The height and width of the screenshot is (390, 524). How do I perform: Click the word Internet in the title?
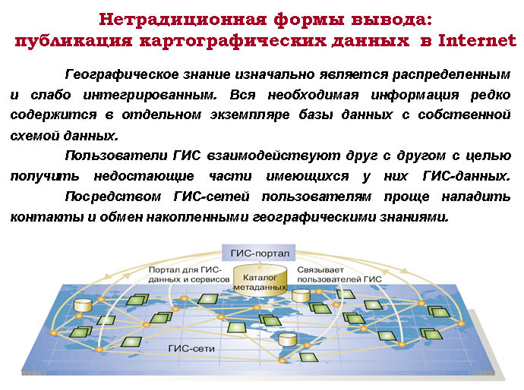[477, 40]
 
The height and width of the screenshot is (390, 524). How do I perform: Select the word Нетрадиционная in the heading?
[182, 20]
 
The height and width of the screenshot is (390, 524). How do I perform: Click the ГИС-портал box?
[259, 253]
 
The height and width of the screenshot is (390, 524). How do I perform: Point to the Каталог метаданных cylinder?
[260, 280]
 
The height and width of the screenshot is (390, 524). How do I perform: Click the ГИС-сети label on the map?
[191, 348]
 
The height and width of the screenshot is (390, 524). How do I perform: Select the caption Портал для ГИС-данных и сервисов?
[189, 275]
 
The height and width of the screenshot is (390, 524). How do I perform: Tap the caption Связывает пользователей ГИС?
[339, 275]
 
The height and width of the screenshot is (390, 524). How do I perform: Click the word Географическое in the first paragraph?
[122, 75]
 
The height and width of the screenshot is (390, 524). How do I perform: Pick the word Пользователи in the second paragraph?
[116, 156]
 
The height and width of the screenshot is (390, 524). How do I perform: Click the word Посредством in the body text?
[113, 197]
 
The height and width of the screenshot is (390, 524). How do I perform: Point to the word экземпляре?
[250, 115]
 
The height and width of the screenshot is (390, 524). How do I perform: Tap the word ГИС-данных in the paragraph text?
[466, 176]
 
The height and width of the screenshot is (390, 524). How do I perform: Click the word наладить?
[476, 197]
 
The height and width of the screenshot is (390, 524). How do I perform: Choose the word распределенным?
[452, 75]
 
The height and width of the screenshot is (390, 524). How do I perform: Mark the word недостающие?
[144, 177]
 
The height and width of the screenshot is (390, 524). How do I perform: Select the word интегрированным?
[150, 96]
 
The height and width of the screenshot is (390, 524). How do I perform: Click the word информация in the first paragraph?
[415, 96]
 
